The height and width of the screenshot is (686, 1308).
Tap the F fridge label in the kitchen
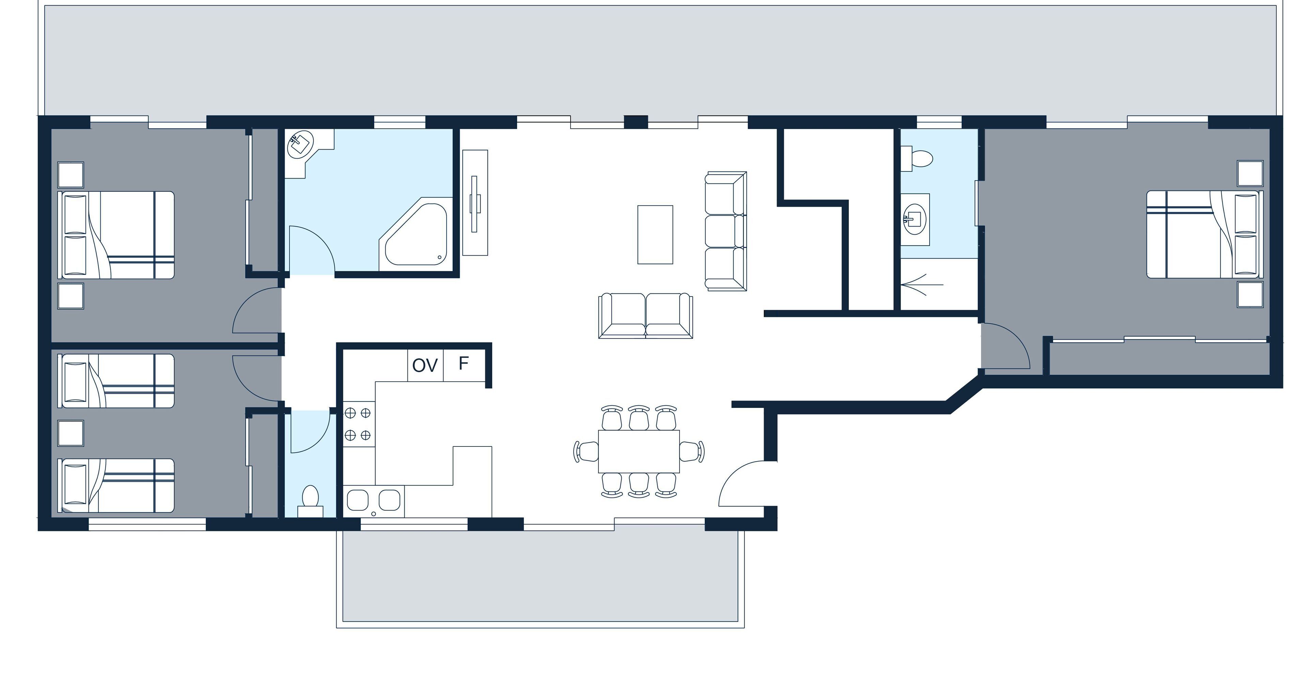463,363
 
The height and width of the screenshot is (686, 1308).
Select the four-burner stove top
358,424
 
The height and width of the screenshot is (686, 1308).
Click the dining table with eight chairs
639,451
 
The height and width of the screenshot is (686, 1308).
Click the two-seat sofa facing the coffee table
645,316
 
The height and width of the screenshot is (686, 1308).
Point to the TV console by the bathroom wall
475,202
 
